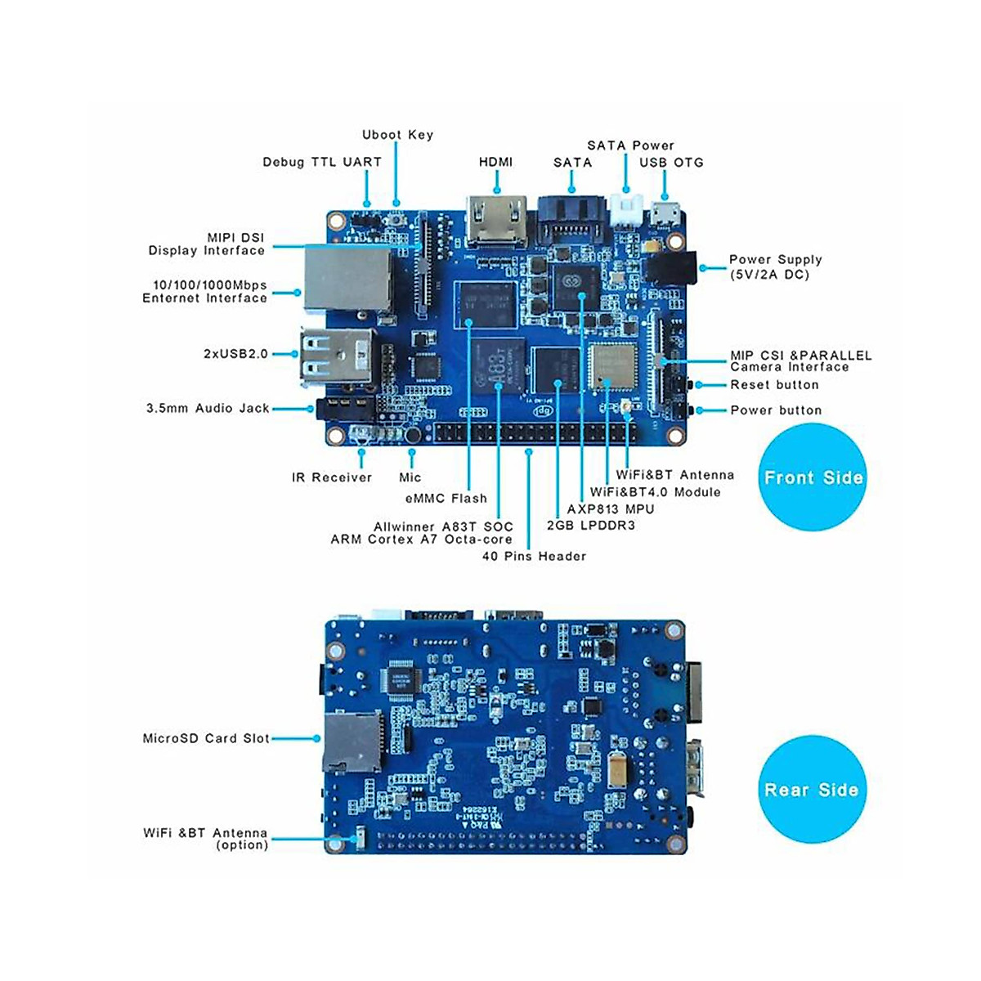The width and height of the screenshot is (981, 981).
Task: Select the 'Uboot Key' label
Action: [x=397, y=135]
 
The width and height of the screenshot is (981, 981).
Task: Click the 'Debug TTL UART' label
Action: [x=322, y=162]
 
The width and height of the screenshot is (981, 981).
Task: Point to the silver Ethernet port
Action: [x=347, y=277]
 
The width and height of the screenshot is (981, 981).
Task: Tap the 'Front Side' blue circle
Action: [x=813, y=478]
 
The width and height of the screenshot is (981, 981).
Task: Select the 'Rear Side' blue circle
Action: [x=811, y=790]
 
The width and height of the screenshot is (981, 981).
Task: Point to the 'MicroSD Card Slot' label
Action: [x=206, y=738]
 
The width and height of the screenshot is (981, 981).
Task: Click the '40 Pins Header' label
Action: [x=534, y=556]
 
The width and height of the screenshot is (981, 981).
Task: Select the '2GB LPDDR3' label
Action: [x=591, y=525]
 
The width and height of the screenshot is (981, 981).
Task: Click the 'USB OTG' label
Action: [x=671, y=162]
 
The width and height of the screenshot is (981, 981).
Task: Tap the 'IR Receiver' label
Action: [x=332, y=477]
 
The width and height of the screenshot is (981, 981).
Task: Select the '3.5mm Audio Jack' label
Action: [x=208, y=408]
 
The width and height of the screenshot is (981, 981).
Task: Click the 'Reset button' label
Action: [x=774, y=384]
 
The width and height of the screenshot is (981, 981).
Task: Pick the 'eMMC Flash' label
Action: [x=446, y=498]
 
